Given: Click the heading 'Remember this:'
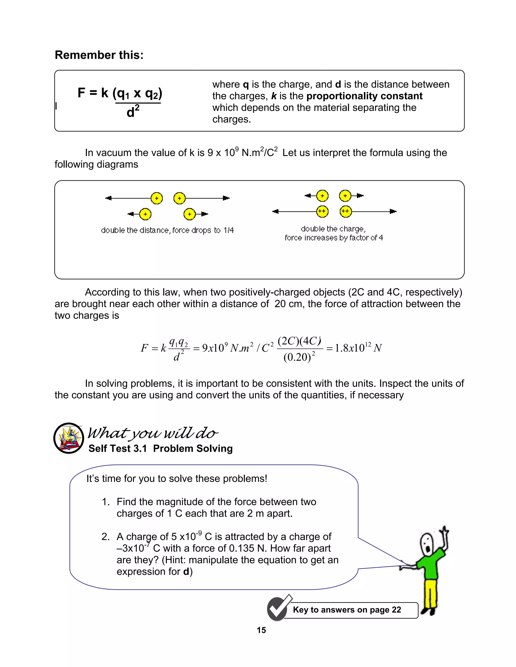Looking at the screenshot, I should coord(99,55).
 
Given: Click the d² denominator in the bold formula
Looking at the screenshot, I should coord(133,112).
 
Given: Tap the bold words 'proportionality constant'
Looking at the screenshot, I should coord(364,96).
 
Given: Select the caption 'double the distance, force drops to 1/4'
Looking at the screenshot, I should coord(167,230).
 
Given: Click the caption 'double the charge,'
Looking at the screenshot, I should coord(333,229).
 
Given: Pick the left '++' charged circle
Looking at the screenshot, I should coord(322,211).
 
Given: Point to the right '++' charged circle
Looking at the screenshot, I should coord(345,211).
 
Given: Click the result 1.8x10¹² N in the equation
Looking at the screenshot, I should coord(358,348).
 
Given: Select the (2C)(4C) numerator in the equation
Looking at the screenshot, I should coord(299,341).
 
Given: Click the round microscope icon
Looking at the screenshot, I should coord(69,438).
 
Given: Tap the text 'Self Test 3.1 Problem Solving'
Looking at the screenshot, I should coord(160,448).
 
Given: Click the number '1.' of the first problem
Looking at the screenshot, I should coord(106,502).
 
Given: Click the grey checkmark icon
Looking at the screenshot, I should coord(277,609).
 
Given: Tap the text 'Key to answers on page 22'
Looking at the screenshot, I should coord(347,610).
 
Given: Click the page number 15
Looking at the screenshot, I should coord(261,630).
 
